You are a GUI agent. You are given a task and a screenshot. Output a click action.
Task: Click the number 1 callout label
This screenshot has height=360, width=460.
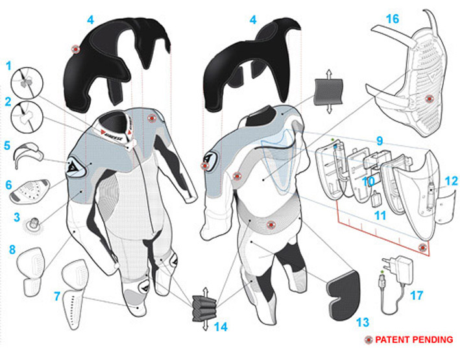tap(9, 66)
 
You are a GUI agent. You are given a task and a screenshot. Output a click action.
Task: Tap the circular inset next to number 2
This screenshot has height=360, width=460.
tap(27, 117)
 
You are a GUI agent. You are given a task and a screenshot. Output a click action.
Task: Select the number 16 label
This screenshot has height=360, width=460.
tap(393, 19)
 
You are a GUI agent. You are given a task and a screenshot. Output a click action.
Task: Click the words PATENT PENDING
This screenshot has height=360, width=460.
tap(414, 339)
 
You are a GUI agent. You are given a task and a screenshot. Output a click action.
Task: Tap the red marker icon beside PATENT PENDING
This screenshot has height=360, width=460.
tap(368, 340)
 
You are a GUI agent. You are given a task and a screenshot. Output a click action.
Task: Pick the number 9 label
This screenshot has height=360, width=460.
tap(380, 141)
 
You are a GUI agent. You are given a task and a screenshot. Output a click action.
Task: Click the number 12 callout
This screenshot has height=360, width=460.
tap(451, 181)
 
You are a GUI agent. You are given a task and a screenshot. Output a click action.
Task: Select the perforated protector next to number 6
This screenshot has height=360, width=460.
tap(29, 191)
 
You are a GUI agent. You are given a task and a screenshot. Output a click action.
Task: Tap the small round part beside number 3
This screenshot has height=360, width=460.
tap(34, 225)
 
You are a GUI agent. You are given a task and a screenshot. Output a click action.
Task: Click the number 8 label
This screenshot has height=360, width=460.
tap(12, 250)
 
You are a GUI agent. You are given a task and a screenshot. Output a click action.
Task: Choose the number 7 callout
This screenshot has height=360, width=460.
tap(57, 296)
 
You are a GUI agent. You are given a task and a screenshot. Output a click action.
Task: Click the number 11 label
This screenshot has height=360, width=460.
tap(380, 215)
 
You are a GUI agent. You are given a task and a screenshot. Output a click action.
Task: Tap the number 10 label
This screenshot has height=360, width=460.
tap(368, 182)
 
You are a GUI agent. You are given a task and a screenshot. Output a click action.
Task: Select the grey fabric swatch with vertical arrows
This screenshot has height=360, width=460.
tap(328, 92)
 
